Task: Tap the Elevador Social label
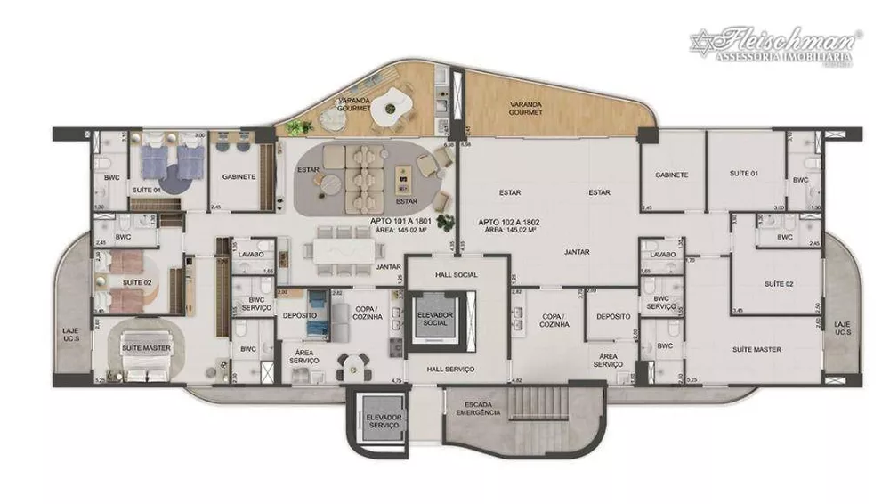(x=436, y=320)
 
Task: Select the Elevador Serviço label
(x=384, y=421)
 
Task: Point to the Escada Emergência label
(x=479, y=409)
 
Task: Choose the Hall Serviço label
(x=450, y=369)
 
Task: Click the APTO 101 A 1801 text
(x=400, y=221)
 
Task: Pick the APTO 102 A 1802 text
(x=510, y=221)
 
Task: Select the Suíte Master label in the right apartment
(x=756, y=350)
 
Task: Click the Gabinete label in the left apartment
(x=239, y=176)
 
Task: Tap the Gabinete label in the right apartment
(x=671, y=175)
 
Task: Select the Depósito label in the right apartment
(x=613, y=317)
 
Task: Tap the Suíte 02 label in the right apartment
(x=779, y=283)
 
